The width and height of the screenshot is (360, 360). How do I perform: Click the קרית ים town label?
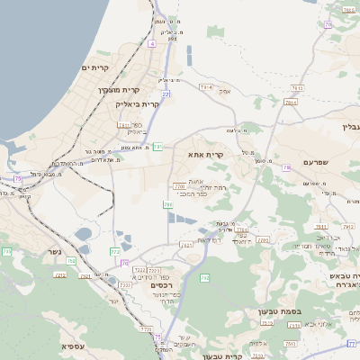(95, 68)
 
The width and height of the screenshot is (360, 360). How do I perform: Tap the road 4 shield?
(152, 42)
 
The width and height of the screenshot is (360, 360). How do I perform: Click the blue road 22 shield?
(166, 92)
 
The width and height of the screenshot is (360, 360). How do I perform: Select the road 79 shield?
(286, 167)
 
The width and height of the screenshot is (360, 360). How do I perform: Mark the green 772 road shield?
(114, 251)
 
